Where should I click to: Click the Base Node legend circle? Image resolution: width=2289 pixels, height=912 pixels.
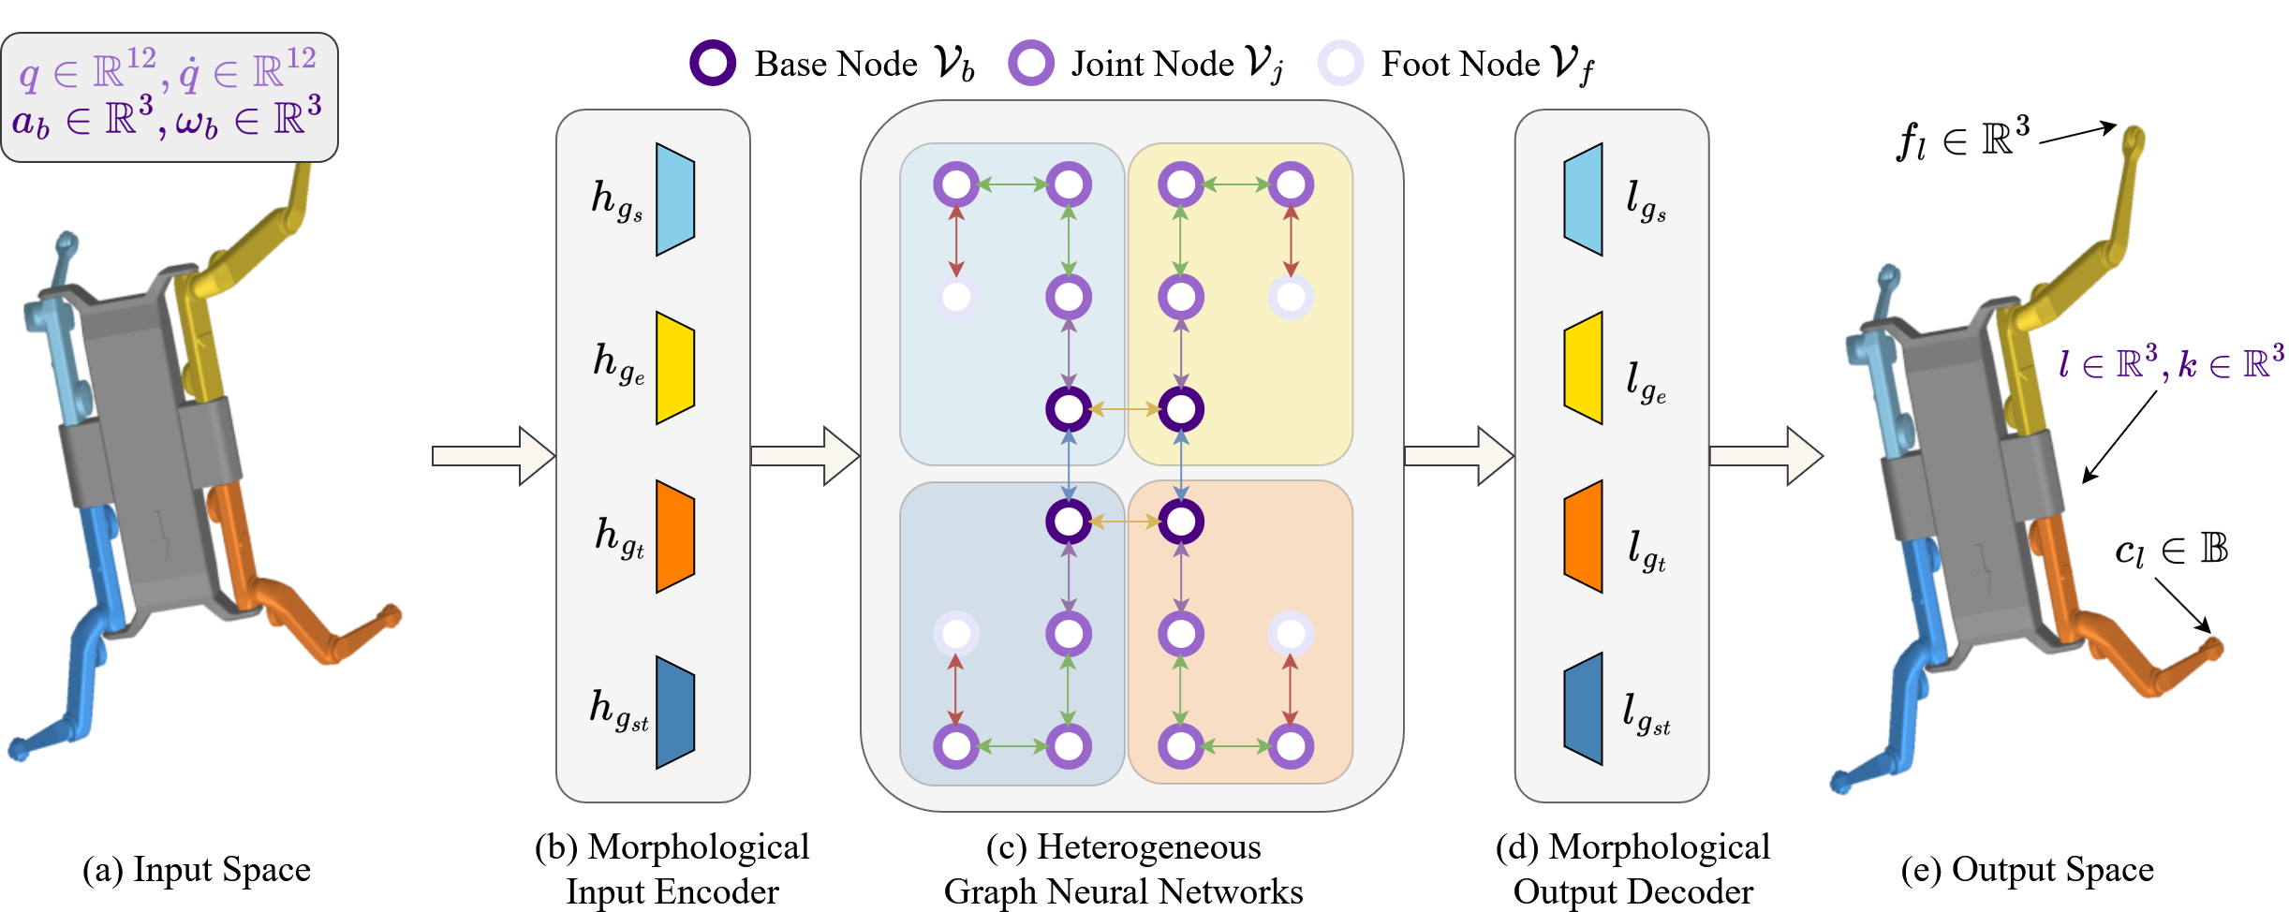coord(713,64)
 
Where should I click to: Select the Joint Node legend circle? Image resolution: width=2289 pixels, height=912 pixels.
coord(1031,64)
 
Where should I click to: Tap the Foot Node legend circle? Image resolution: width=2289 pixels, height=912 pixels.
coord(1340,64)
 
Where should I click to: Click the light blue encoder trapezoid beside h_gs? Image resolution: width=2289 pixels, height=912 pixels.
coord(674,199)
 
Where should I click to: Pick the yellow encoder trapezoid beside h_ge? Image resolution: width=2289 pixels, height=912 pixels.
coord(674,368)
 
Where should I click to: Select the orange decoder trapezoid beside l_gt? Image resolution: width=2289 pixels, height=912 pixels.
coord(1584,537)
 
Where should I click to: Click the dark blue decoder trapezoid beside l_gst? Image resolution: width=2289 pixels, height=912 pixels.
coord(1584,709)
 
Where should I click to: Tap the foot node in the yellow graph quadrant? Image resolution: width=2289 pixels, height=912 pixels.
coord(1291,297)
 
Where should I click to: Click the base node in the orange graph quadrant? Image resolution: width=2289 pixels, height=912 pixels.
coord(1181,522)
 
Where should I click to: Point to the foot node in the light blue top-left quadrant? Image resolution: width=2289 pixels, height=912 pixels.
coord(956,297)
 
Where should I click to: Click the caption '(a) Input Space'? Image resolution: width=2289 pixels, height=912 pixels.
coord(197,870)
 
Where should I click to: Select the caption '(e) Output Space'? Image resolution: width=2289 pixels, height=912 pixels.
coord(2028,870)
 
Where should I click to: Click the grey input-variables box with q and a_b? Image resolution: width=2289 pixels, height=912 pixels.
coord(169,97)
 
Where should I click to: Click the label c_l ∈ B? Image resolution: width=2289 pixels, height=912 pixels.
coord(2171,551)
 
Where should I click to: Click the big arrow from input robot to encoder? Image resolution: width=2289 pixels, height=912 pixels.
coord(493,456)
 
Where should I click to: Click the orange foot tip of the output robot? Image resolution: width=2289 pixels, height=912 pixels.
coord(2214,648)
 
